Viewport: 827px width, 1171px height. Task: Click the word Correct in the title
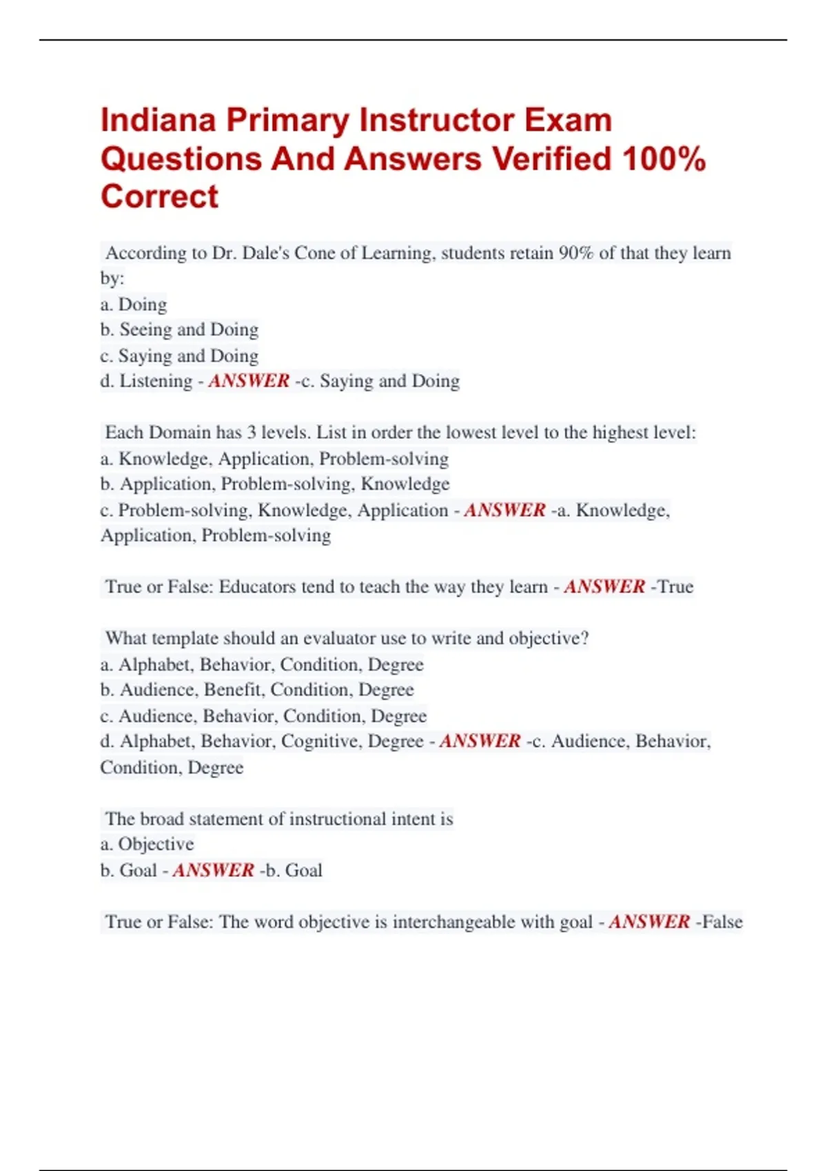click(x=159, y=197)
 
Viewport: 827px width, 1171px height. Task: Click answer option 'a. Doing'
click(x=134, y=304)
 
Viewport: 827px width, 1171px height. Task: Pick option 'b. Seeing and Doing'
click(x=179, y=330)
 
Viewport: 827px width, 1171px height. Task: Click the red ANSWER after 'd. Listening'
click(x=249, y=381)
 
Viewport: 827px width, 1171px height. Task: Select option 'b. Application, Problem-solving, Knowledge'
click(x=275, y=484)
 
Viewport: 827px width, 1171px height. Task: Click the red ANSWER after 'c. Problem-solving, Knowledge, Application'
click(x=504, y=510)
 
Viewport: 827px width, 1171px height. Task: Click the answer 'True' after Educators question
click(x=675, y=587)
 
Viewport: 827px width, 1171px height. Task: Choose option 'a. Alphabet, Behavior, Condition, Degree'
click(x=262, y=665)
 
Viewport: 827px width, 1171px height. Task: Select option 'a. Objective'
click(x=147, y=844)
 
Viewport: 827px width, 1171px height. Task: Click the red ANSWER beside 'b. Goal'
click(x=213, y=871)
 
